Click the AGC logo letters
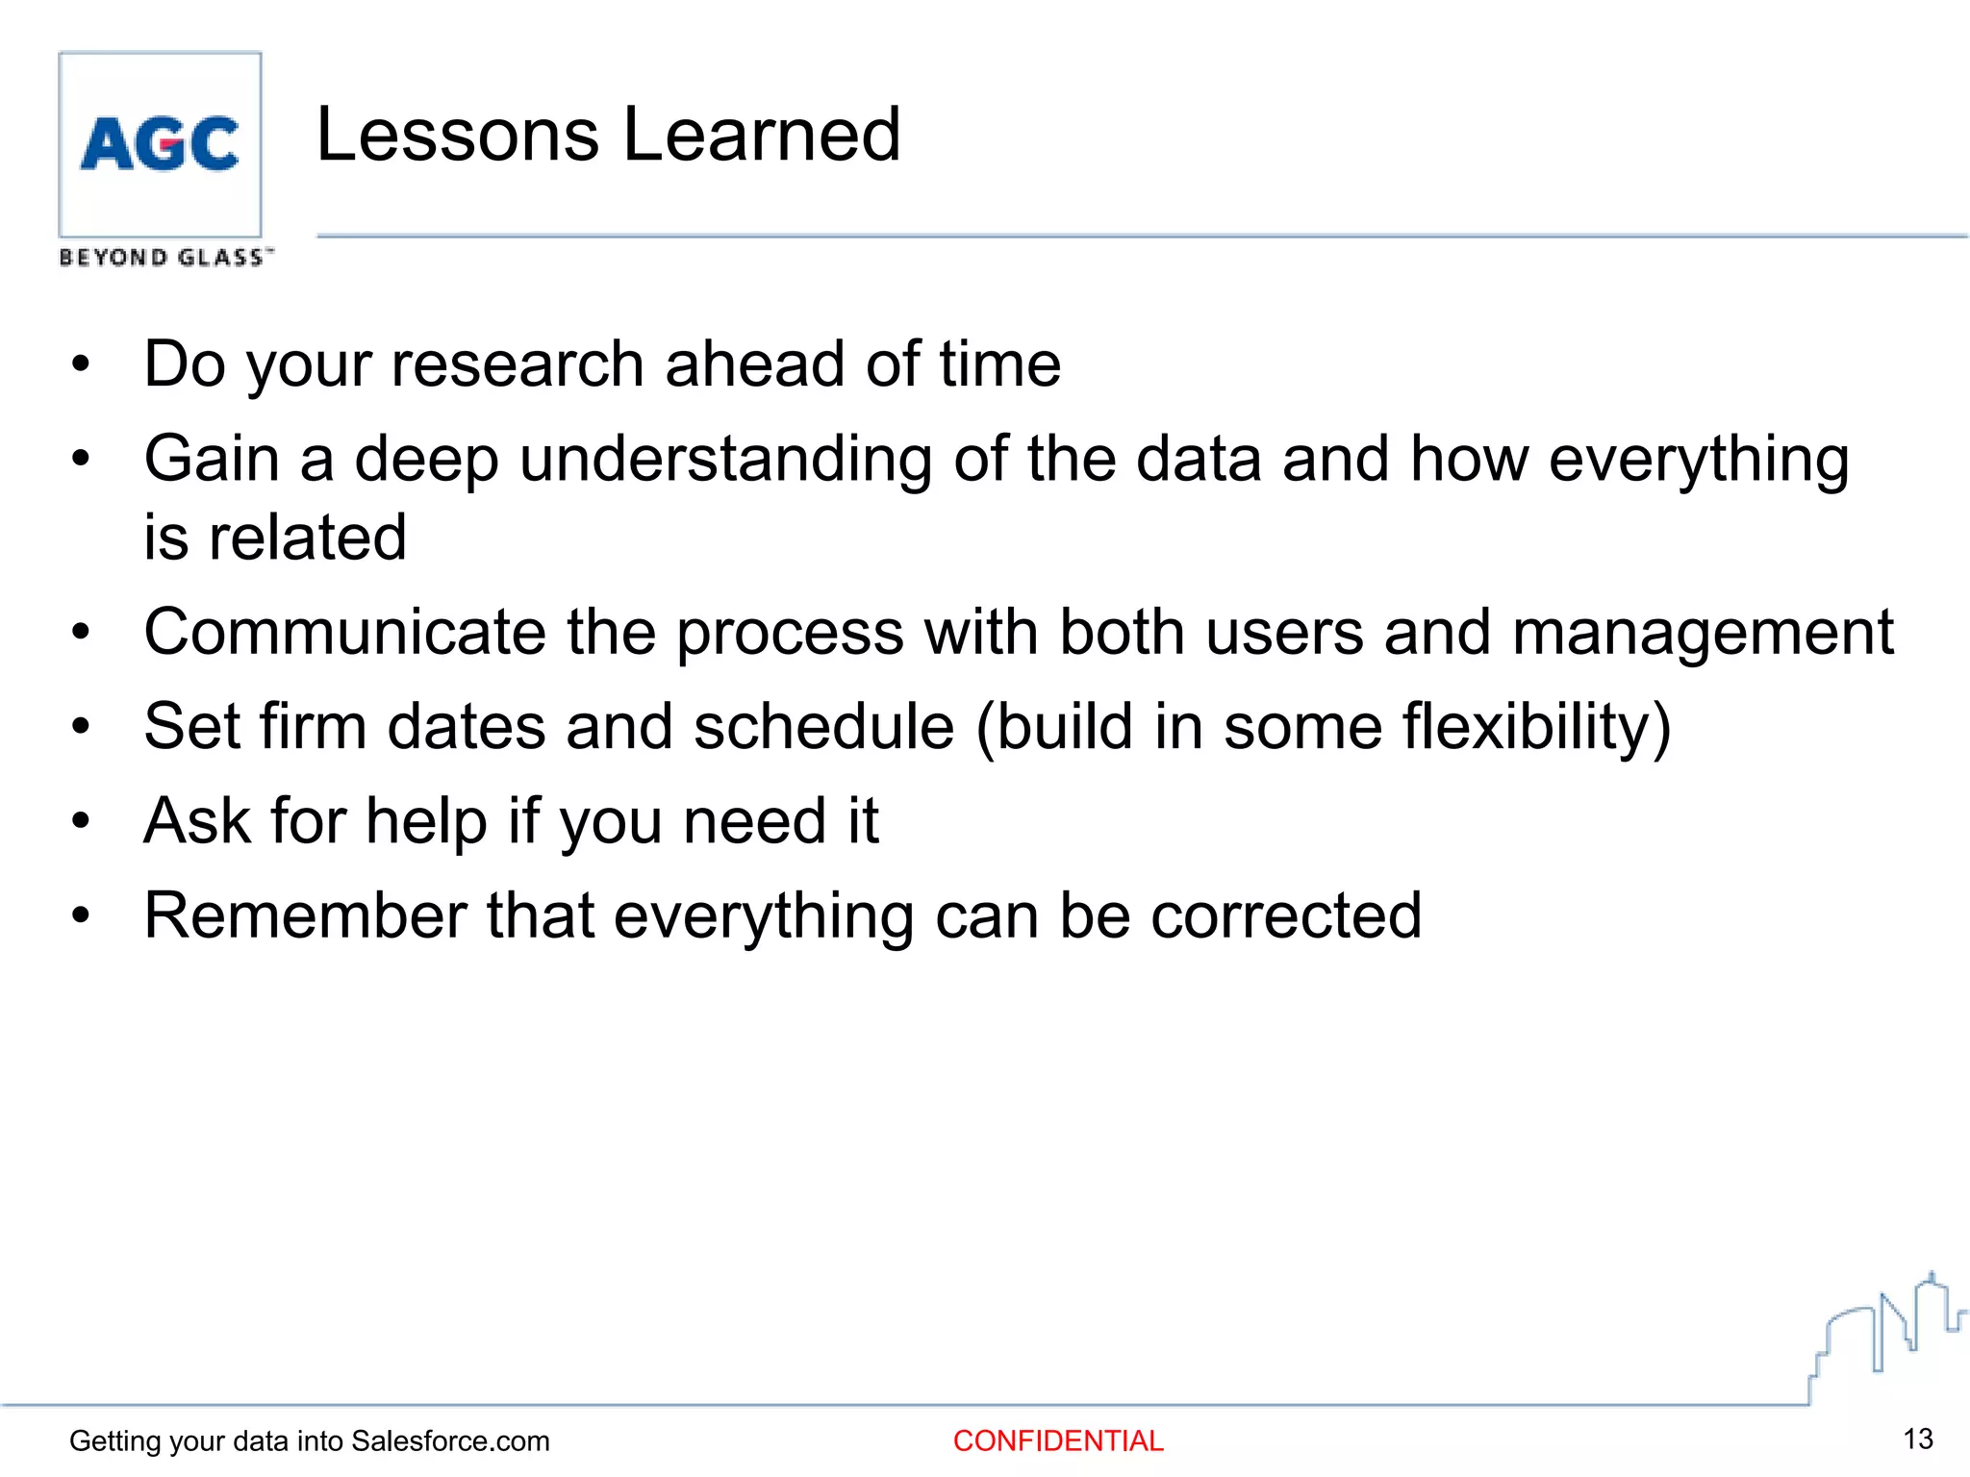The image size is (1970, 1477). (160, 144)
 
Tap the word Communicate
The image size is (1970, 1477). (345, 633)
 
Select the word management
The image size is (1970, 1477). (1703, 635)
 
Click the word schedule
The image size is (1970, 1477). (823, 727)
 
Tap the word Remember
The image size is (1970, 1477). (305, 915)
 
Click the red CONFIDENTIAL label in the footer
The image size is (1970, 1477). (1058, 1440)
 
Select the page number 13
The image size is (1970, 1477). (1918, 1439)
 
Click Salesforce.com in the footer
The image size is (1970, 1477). (450, 1440)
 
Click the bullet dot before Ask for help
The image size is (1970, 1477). (81, 822)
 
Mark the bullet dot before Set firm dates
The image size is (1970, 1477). (81, 727)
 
